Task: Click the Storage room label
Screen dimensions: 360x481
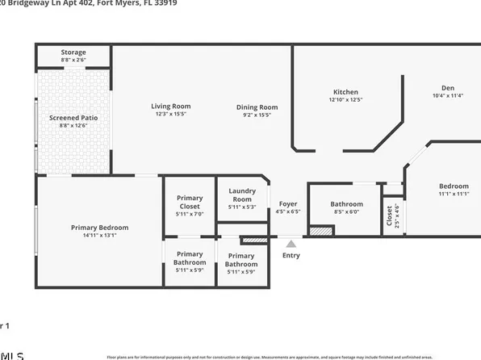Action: click(x=73, y=52)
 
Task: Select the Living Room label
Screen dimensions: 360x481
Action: click(x=170, y=106)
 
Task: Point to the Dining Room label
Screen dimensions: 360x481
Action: click(x=257, y=107)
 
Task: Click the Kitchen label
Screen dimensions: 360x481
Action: click(x=345, y=92)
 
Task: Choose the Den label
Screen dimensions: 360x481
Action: click(x=447, y=88)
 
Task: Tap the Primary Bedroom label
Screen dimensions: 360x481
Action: click(x=99, y=228)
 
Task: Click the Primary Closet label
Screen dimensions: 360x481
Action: click(x=190, y=203)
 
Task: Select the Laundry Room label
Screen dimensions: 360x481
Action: click(x=242, y=195)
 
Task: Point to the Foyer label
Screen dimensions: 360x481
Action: click(x=288, y=203)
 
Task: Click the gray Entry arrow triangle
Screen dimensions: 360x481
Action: click(x=291, y=243)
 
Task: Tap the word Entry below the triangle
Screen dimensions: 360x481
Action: click(x=291, y=256)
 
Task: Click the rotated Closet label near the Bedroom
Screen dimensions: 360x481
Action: click(x=389, y=216)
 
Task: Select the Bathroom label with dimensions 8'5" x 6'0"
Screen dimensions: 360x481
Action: click(x=346, y=204)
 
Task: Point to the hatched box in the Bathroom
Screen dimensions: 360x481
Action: click(x=321, y=231)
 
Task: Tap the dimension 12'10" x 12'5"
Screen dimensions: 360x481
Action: click(x=345, y=100)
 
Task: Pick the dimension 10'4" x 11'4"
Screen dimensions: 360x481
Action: click(x=447, y=96)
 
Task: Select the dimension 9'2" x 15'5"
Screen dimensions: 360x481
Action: click(x=257, y=115)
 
